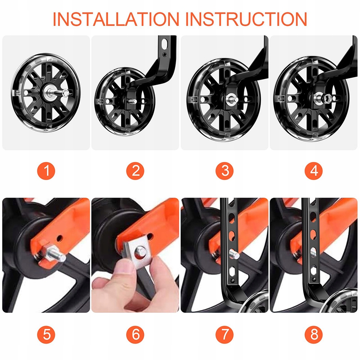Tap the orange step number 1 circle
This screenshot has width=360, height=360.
[46, 171]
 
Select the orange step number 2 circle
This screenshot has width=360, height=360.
[135, 171]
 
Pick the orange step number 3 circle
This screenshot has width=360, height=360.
[225, 171]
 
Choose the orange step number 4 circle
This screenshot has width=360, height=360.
[314, 171]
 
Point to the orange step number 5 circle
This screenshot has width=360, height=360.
[46, 334]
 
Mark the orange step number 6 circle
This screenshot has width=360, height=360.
[135, 334]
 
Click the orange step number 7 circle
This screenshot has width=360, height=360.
[225, 334]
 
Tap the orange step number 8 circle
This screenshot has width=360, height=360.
[314, 334]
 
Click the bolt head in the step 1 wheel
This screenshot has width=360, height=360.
[66, 93]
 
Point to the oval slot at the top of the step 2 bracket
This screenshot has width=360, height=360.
[165, 44]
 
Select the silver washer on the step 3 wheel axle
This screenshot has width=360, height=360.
[231, 100]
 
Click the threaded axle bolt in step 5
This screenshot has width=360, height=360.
[56, 255]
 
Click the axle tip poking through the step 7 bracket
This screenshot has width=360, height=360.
[234, 254]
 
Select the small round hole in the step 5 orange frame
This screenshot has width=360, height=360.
[60, 238]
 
